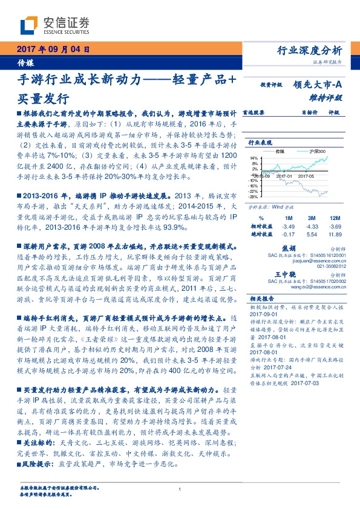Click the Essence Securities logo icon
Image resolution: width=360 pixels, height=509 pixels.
(30, 26)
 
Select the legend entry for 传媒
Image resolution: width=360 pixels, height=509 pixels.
(280, 152)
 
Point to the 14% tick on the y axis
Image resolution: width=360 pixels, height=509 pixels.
(253, 157)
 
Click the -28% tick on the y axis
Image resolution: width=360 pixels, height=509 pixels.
(252, 196)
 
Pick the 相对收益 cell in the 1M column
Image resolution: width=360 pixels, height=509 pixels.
(289, 225)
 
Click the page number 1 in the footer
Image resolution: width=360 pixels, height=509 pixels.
(180, 489)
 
